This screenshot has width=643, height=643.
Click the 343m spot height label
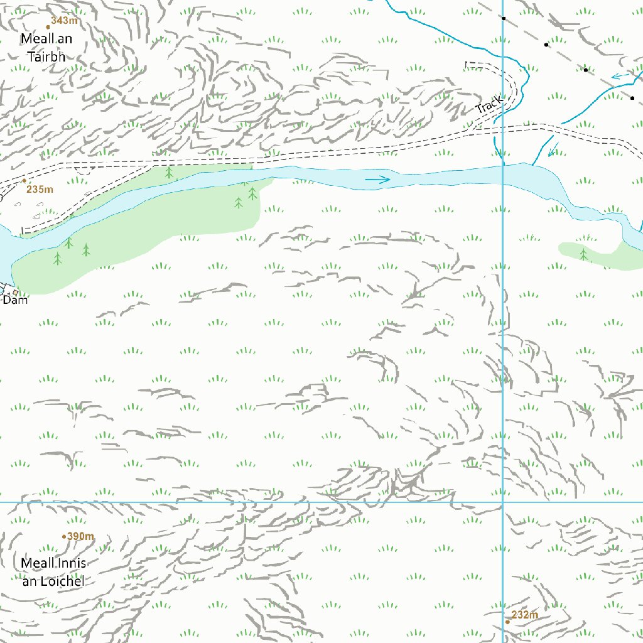point(64,21)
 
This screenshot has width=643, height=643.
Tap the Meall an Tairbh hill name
point(46,48)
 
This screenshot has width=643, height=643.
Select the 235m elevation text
point(40,190)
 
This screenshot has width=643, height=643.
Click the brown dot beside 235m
point(24,181)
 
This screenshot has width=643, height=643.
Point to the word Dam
point(15,300)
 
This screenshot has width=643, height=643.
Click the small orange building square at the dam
point(16,292)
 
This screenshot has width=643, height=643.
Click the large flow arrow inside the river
point(377,180)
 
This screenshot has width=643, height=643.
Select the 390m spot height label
point(80,536)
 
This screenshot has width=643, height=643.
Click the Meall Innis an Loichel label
point(53,572)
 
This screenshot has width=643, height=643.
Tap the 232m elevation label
point(524,615)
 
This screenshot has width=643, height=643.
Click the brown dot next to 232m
point(507,622)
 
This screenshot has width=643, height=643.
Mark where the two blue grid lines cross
point(503,502)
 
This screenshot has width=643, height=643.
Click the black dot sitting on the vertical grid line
point(503,18)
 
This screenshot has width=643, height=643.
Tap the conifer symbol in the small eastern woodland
point(583,254)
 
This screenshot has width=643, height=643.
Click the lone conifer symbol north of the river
point(168,171)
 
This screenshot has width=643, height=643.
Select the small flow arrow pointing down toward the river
point(553,150)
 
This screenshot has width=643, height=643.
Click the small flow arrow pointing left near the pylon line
point(620,76)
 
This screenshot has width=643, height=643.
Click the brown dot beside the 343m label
point(48,27)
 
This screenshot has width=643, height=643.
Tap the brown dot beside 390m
point(64,536)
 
